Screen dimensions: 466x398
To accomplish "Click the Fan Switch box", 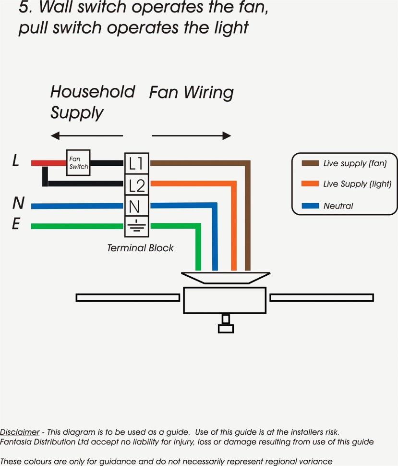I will click(78, 162).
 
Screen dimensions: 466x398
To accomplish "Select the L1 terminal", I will click(136, 163).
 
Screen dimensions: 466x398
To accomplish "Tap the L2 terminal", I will click(136, 184).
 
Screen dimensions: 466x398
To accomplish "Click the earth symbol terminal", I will click(136, 226).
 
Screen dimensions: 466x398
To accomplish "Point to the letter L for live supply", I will click(16, 161).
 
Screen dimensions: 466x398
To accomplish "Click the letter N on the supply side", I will click(18, 204).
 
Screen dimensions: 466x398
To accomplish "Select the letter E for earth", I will click(16, 224).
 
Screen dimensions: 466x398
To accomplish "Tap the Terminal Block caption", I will click(140, 248).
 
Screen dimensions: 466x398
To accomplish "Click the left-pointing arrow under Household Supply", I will click(86, 135).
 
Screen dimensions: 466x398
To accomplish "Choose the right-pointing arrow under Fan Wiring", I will click(192, 135).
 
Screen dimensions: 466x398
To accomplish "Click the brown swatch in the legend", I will click(310, 163).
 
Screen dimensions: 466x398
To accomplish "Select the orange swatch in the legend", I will click(310, 184).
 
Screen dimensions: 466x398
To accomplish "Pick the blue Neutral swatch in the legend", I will click(310, 206).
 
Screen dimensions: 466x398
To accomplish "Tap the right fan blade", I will click(322, 297).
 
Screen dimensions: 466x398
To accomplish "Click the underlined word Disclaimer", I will click(20, 432).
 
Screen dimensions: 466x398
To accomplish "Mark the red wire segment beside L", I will click(48, 163).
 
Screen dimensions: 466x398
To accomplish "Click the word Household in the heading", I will click(93, 92).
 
